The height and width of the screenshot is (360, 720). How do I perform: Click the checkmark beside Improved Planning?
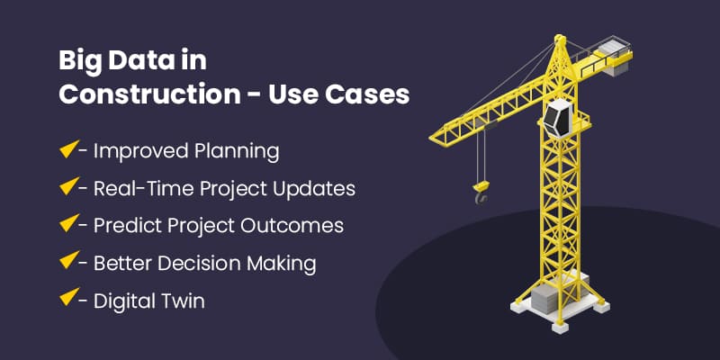point(69,150)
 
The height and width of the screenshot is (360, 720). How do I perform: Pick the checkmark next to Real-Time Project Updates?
point(69,188)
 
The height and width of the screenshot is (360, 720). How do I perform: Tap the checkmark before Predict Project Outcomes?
point(69,225)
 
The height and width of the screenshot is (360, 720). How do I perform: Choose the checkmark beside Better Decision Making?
point(69,263)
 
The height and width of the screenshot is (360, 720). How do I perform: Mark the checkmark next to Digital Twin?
point(69,300)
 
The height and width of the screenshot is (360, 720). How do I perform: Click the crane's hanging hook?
point(481,190)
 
